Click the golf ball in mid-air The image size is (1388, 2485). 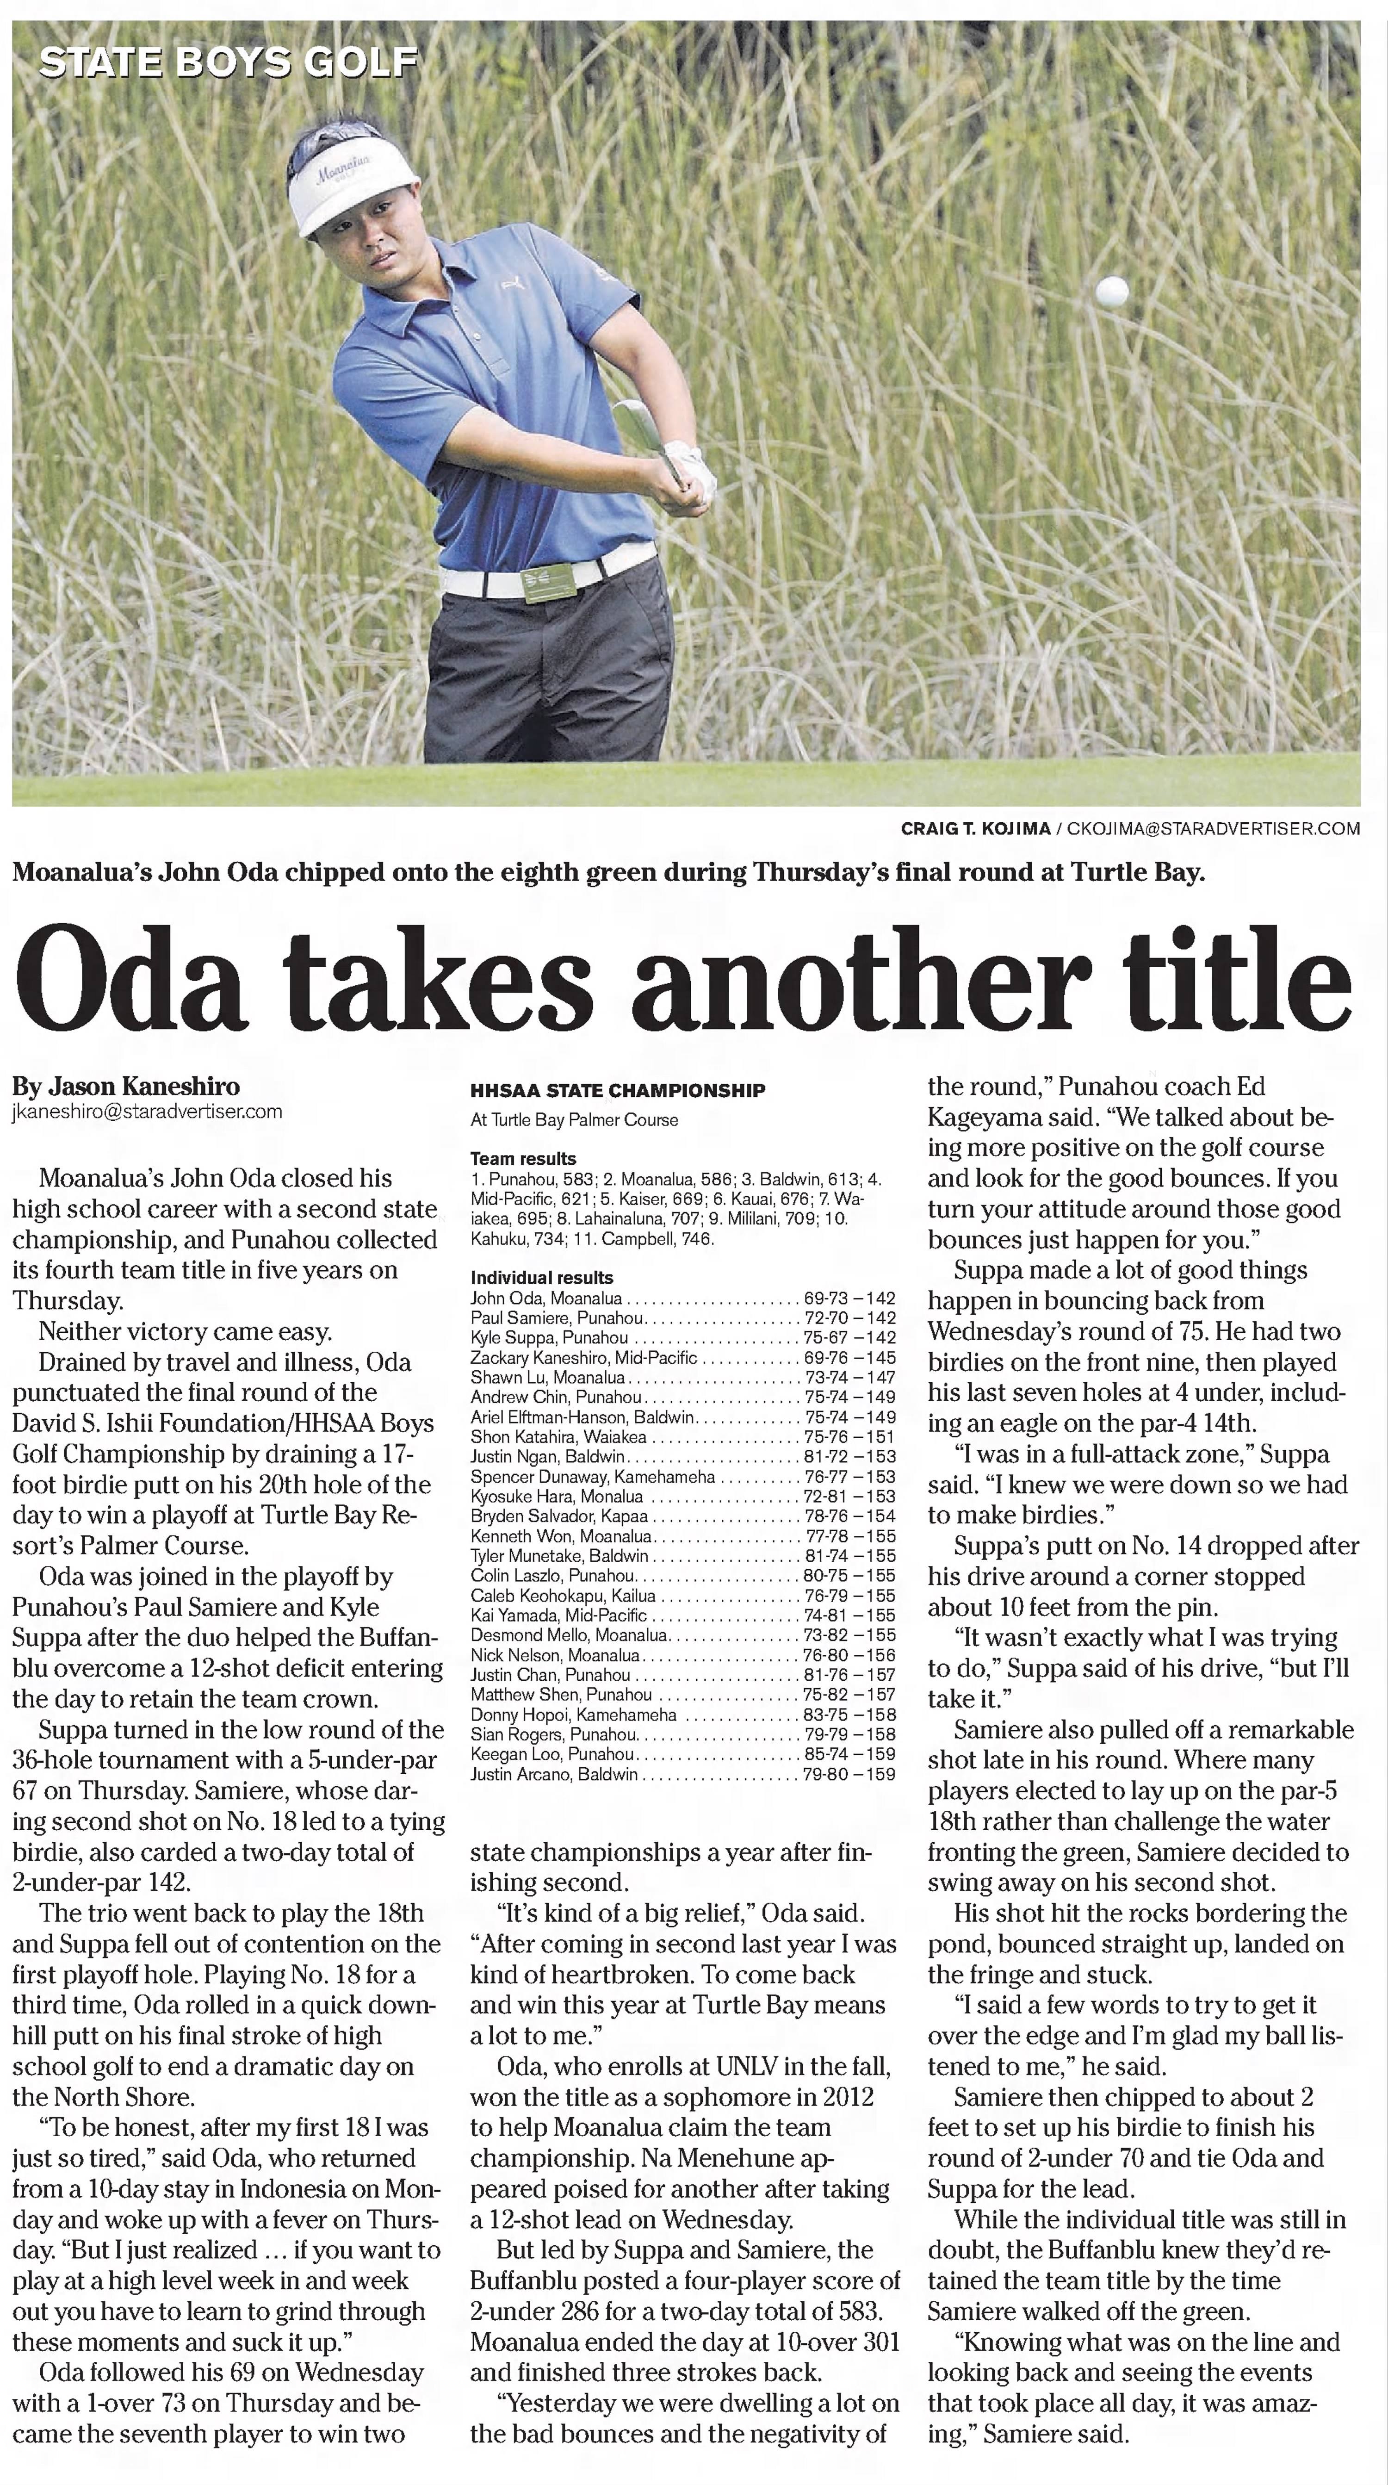coord(1112,290)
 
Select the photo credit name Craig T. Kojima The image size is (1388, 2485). coord(975,829)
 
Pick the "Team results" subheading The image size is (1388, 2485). coord(523,1159)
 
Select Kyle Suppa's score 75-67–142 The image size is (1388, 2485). coord(849,1338)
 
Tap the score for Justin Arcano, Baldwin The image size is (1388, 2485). coord(849,1774)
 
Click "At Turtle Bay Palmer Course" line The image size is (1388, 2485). coord(574,1120)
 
